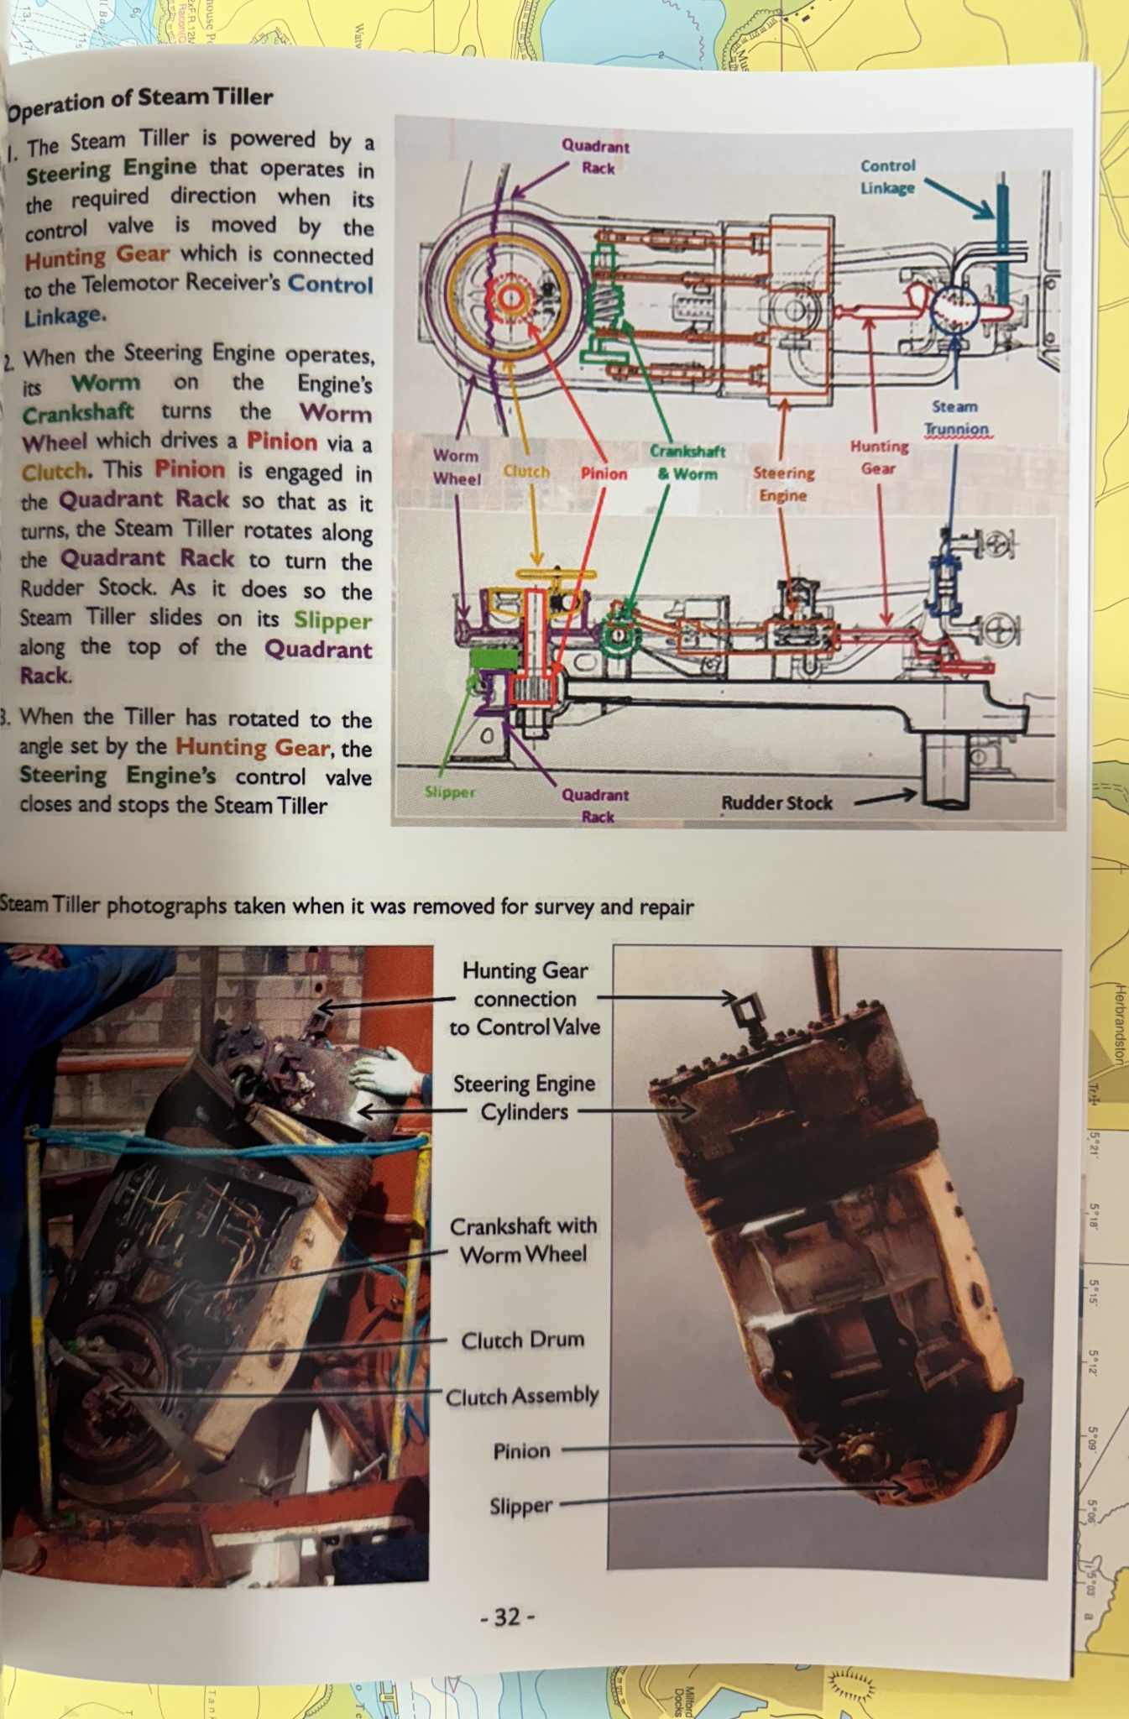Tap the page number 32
pos(507,1617)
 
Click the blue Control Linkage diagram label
pos(887,176)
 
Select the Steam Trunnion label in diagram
pos(955,418)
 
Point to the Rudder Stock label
pos(776,803)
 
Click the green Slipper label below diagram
pos(450,792)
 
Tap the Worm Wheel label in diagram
pos(457,467)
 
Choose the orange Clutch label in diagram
pos(526,472)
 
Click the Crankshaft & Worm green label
pos(687,462)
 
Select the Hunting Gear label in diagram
pos(879,457)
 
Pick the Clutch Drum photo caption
pos(522,1340)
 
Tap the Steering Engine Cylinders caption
pos(524,1097)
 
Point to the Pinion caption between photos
pos(521,1451)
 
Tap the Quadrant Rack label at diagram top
pos(596,157)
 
